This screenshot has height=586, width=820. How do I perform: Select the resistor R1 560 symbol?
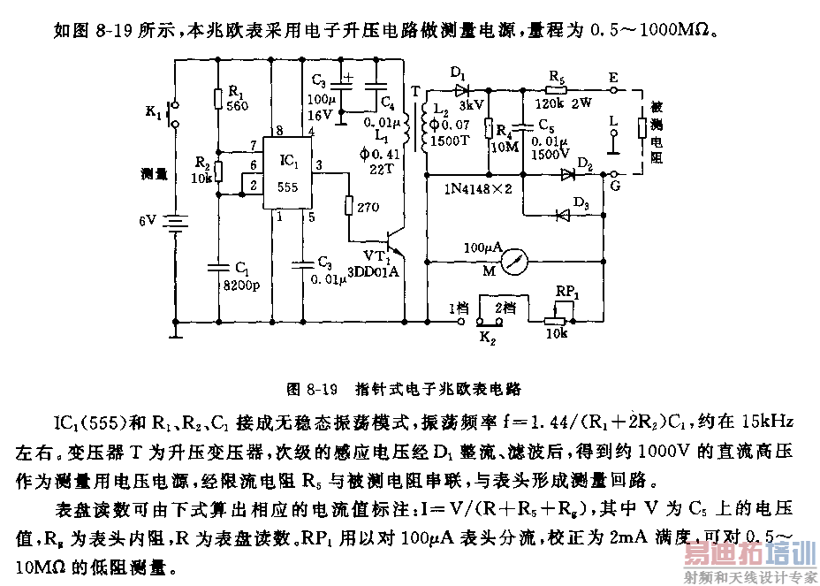click(x=218, y=98)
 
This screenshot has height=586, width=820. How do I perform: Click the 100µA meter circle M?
click(x=514, y=263)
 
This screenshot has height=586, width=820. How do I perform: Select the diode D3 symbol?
click(x=558, y=215)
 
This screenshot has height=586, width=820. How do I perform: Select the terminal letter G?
click(x=612, y=187)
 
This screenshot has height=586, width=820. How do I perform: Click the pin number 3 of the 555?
click(x=319, y=165)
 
